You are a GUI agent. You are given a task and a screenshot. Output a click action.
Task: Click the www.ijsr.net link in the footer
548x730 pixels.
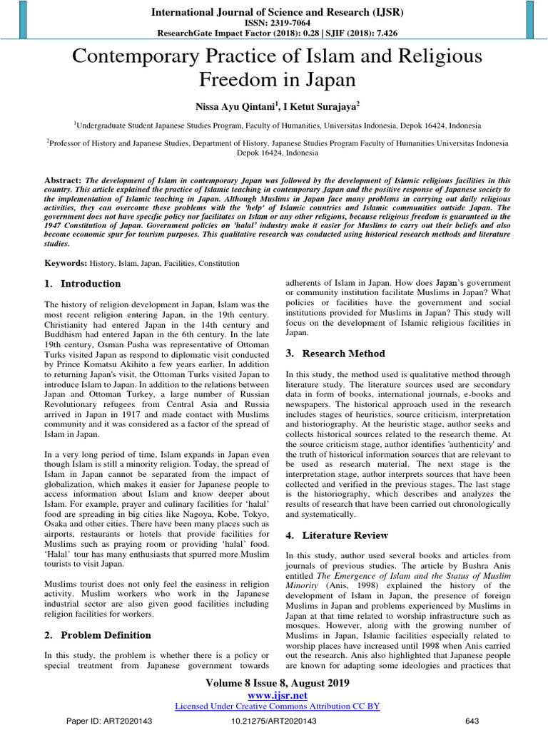point(277,694)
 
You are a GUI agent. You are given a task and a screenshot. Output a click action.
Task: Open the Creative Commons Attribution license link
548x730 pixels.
point(277,706)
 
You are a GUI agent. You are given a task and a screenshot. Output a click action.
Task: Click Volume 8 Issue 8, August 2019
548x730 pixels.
point(277,682)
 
